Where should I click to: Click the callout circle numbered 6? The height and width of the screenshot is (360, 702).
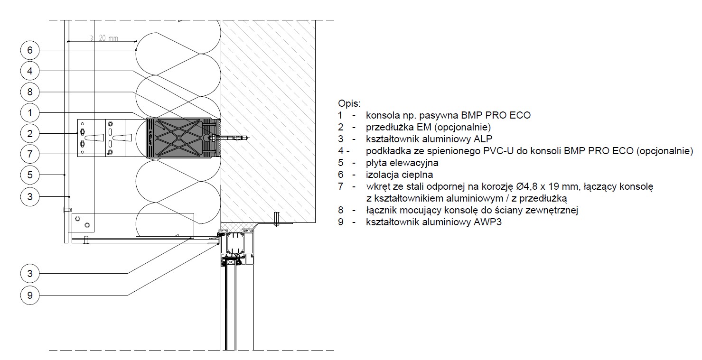pos(30,50)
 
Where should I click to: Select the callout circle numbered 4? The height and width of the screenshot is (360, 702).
pos(30,71)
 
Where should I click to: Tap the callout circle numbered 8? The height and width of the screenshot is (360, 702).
pos(30,92)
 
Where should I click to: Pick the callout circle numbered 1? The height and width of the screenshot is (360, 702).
pos(30,113)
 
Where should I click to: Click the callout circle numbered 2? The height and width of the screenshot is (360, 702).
pos(30,134)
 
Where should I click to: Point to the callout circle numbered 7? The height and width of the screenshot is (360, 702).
pos(30,154)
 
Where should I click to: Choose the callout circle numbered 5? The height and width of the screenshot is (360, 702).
pos(30,175)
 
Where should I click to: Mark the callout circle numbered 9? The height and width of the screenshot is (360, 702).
pos(30,295)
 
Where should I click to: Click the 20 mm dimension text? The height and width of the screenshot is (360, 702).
pos(108,38)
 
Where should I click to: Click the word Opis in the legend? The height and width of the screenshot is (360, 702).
pos(349,103)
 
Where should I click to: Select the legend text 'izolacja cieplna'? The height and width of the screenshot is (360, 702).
pos(399,175)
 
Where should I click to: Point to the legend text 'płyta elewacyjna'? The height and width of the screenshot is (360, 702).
pos(402,163)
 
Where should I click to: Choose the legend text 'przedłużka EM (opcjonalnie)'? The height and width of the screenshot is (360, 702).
pos(428,127)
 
